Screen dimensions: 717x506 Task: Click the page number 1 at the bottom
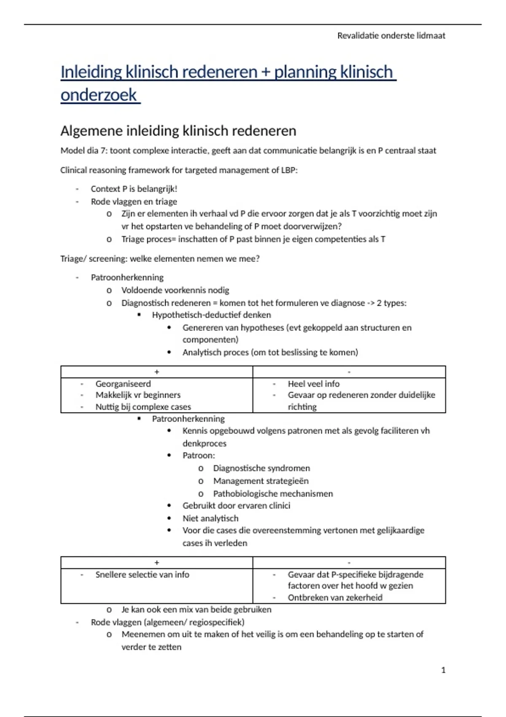443,670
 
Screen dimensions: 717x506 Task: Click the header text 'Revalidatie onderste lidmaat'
391,36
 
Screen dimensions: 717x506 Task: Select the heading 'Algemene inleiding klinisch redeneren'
178,131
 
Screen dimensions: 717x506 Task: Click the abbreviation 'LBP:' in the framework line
289,170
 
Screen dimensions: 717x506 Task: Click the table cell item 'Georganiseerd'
123,384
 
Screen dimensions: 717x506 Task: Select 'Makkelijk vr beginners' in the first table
138,395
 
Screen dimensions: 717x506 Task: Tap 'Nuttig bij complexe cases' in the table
143,407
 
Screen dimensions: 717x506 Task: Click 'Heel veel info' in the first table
313,384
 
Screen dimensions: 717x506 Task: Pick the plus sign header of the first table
157,372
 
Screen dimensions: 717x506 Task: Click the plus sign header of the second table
157,563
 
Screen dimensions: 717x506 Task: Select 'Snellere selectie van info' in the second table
142,574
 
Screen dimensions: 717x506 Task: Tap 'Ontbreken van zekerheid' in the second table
335,598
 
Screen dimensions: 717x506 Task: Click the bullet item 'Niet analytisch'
210,518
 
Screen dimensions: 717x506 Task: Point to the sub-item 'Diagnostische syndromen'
261,468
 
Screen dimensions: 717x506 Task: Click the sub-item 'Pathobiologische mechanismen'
273,493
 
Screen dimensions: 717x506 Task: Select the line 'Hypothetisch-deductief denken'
211,315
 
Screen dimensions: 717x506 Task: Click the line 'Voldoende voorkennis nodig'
175,290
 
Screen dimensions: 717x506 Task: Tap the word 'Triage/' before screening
73,259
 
